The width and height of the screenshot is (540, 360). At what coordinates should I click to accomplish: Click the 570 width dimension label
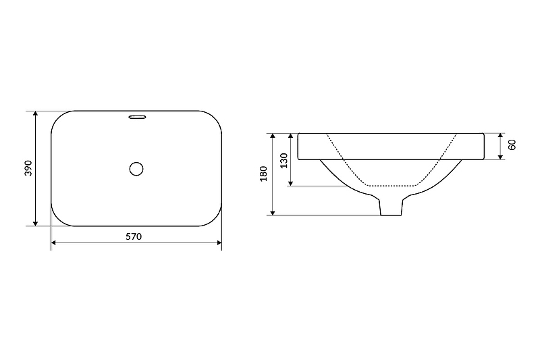tap(134, 236)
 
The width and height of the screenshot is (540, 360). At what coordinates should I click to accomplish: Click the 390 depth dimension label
tap(28, 168)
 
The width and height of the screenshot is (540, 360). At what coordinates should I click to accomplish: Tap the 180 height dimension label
tap(263, 174)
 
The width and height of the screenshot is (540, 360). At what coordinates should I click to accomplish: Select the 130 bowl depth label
tap(283, 161)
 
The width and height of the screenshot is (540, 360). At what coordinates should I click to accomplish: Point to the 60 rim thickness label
tap(512, 145)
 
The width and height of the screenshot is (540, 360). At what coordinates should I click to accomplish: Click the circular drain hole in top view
tap(136, 169)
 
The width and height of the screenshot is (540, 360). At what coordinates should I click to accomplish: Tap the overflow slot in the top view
tap(138, 117)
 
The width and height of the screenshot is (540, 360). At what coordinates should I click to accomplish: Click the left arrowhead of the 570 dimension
tap(53, 243)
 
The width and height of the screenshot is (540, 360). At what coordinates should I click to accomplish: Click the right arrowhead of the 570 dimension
tap(219, 243)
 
